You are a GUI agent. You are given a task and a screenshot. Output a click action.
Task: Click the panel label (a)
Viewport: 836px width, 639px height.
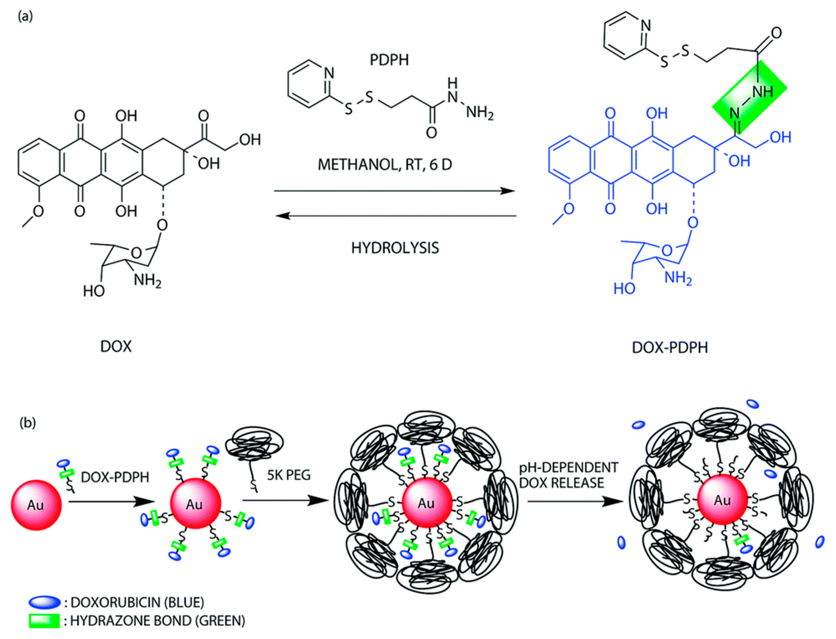25,17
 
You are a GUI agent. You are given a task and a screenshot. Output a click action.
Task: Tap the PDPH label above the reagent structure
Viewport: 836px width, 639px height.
389,60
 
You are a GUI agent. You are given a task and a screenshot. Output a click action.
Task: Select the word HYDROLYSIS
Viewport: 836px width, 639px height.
395,248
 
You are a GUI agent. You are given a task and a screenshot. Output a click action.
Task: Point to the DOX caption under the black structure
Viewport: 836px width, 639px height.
116,346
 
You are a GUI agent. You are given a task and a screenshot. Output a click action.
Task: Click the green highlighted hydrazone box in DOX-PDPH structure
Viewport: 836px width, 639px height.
749,97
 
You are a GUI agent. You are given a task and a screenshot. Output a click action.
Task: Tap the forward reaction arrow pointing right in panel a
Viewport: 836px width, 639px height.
394,191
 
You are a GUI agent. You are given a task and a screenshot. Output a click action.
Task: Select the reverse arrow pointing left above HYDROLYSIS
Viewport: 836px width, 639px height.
395,216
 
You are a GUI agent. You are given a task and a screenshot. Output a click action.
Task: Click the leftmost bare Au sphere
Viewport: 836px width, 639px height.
36,505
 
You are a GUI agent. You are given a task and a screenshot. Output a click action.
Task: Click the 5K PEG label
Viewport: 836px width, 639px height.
288,475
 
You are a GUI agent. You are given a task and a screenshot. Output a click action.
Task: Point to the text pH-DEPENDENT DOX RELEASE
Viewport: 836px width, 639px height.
568,475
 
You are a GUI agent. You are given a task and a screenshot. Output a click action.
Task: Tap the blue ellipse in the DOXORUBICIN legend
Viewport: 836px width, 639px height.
45,602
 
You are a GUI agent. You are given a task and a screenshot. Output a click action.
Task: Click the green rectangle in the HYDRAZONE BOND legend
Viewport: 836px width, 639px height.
45,621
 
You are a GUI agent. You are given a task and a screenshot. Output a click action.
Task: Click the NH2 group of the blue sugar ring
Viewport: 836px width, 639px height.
678,278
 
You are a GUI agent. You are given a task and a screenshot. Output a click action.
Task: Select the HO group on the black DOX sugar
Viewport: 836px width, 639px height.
94,291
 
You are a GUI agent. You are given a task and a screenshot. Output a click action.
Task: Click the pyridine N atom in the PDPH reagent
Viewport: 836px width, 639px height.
329,73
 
